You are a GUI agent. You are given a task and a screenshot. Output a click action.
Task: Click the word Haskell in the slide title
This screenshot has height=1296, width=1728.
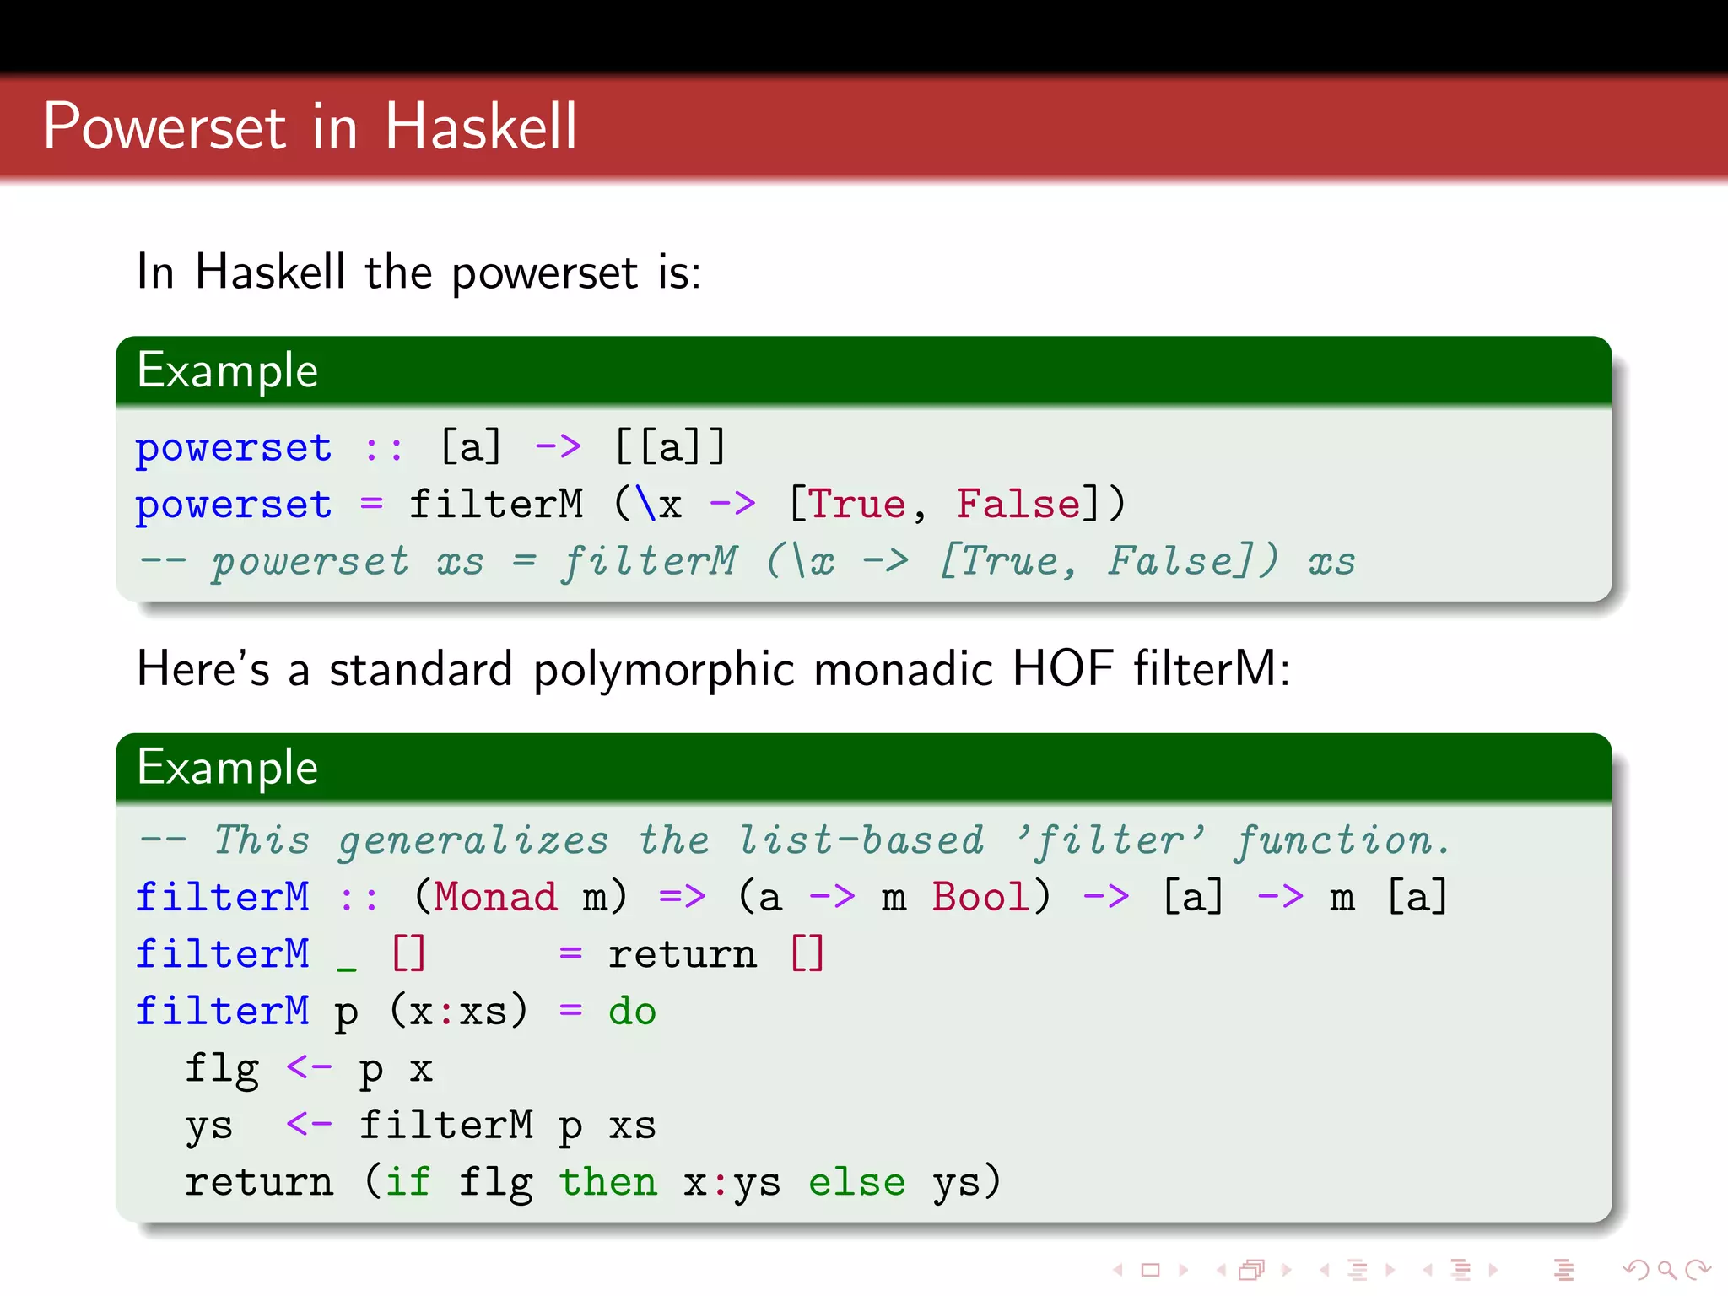coord(481,127)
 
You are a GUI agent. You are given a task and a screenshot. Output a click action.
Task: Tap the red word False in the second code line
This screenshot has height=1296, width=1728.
coord(1018,505)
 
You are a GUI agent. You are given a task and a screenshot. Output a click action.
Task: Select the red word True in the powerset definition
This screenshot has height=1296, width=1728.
coord(856,505)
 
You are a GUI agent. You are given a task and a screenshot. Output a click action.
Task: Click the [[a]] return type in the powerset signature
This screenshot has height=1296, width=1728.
coord(670,446)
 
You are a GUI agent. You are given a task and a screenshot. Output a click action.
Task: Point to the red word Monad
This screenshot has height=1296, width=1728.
coord(495,897)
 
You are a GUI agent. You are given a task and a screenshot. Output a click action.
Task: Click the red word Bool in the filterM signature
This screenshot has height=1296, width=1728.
coord(980,897)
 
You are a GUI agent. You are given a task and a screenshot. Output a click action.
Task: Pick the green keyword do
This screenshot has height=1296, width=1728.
coord(632,1011)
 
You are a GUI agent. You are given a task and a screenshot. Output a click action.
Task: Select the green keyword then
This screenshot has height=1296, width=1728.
coord(607,1182)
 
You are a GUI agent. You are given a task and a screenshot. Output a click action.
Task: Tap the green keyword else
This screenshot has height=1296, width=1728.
coord(856,1182)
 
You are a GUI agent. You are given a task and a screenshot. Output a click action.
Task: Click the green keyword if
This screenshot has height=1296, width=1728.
coord(408,1182)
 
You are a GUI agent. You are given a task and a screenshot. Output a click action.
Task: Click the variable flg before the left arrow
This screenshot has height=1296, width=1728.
coord(222,1070)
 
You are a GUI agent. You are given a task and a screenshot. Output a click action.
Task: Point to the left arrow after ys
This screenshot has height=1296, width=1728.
coord(309,1125)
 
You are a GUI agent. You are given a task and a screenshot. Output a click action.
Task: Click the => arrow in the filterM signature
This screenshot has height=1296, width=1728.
coord(682,897)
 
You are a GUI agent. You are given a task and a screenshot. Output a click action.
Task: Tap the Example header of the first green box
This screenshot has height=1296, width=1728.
coord(228,370)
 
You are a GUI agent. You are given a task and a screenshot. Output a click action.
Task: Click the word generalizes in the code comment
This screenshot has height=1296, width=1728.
coord(472,841)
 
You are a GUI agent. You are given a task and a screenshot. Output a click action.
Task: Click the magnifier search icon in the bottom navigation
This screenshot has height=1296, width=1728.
coord(1666,1270)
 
